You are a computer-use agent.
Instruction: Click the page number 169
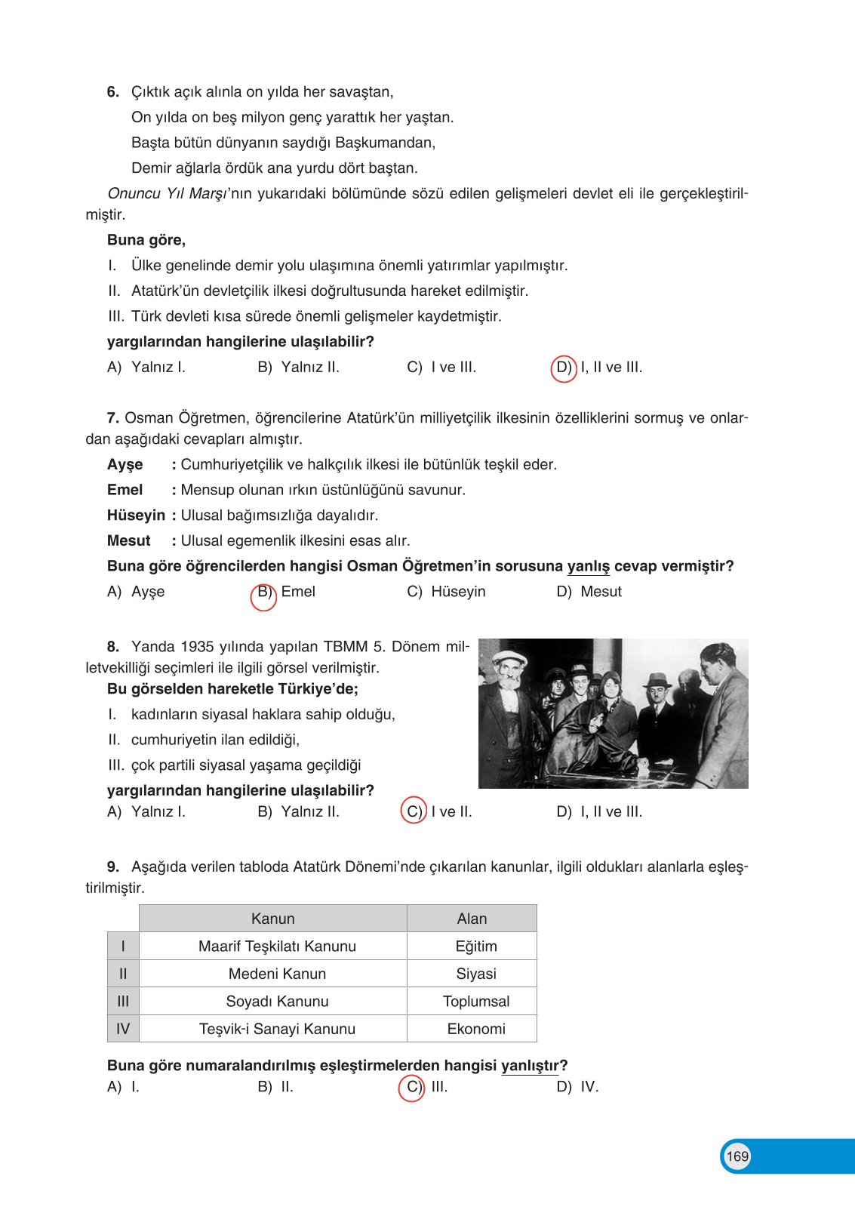737,1156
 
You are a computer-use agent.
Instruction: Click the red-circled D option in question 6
564,368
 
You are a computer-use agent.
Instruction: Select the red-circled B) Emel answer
264,593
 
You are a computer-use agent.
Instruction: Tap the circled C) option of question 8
414,811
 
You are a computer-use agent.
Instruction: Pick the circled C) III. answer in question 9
412,1087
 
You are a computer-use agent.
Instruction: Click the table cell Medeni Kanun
277,974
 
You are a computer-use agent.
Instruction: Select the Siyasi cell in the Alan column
476,974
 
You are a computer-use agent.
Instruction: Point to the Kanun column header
272,919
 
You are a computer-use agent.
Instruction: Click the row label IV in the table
123,1029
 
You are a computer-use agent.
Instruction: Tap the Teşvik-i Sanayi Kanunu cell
277,1029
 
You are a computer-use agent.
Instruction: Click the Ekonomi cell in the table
476,1029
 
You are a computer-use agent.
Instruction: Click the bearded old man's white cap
509,657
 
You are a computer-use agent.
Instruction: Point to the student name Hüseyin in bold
136,516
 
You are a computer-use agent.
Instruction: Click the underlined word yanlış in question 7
588,566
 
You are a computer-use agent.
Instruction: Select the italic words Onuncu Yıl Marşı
167,193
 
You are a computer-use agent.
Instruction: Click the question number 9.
113,867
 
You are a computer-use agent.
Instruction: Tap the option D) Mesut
589,592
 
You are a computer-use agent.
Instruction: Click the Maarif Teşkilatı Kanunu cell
277,947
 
